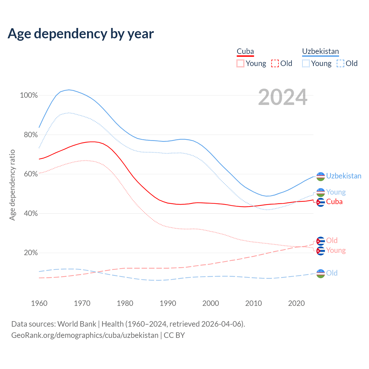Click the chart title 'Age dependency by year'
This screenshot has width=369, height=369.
pos(81,34)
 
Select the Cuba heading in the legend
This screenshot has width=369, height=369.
pos(245,52)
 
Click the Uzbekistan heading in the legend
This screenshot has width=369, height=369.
pos(320,52)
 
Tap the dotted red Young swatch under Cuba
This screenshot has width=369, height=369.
pos(240,63)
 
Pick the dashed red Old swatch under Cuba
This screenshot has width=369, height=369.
pos(275,63)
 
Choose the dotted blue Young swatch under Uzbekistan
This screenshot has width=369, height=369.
pos(306,63)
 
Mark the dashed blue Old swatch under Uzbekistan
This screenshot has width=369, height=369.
pos(340,63)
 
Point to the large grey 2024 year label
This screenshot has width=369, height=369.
pos(283,97)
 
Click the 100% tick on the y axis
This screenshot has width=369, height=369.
pos(29,95)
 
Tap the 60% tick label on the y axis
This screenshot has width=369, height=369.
pos(29,174)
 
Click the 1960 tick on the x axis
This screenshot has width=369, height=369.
pos(39,303)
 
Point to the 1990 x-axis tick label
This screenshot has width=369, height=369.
pos(168,303)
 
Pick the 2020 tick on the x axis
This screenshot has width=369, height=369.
pos(296,303)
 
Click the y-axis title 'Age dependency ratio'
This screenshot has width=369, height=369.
pos(12,185)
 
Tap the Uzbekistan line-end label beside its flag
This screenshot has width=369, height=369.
pos(344,176)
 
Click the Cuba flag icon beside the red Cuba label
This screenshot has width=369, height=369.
pos(321,202)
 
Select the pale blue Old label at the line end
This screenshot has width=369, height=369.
pos(332,273)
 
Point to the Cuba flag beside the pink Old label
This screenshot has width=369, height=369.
pos(321,241)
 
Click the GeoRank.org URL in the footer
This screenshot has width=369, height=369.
pos(85,335)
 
